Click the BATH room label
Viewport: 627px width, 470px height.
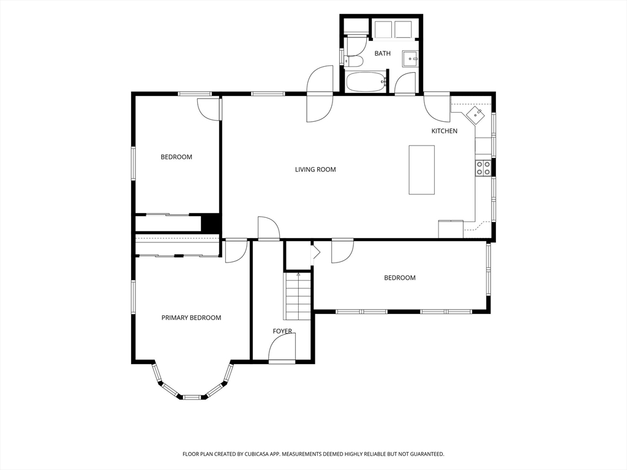382,53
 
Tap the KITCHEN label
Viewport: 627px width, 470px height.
445,131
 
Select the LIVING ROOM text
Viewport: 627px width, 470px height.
315,170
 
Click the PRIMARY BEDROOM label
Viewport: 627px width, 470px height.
191,318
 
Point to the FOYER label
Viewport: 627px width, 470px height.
282,331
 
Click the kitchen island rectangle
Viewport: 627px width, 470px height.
421,170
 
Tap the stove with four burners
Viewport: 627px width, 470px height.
483,168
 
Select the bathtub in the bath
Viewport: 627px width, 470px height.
366,82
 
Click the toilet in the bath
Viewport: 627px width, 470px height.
355,61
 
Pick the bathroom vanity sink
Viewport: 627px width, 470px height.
410,59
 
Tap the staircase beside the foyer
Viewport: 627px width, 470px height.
297,296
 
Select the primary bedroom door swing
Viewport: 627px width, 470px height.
236,252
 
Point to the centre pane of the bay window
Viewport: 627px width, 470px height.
192,397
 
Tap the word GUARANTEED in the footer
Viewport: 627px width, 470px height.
428,454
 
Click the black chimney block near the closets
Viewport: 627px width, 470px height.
211,223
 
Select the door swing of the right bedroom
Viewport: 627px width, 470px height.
342,251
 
